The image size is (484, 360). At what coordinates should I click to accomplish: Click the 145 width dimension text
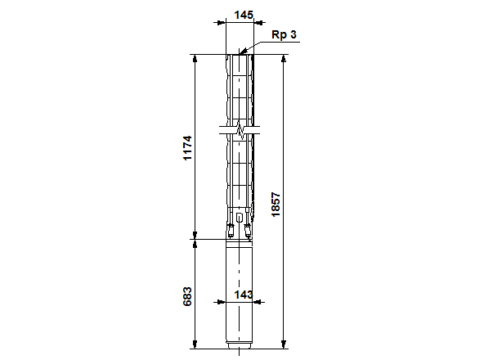242,15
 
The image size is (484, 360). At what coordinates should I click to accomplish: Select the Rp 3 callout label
284,34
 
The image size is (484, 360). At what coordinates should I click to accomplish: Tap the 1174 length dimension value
187,148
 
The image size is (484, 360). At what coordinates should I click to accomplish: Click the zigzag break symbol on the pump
240,129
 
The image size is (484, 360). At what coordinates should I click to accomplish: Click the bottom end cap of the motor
239,350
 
